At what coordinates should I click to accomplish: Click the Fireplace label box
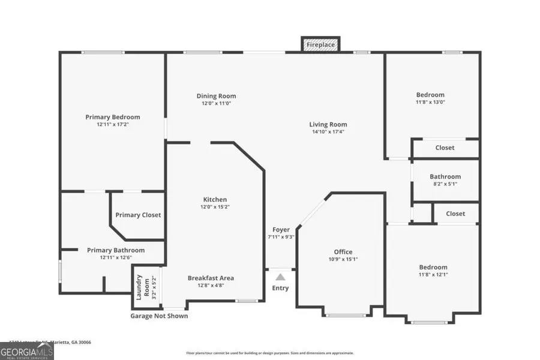point(320,45)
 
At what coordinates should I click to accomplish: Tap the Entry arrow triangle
point(280,277)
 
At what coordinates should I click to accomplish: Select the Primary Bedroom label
point(112,117)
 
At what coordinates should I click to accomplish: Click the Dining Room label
point(216,96)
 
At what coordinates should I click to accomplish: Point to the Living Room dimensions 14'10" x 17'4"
point(329,132)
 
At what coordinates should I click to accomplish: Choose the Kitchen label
point(215,200)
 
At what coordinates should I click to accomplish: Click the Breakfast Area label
point(211,278)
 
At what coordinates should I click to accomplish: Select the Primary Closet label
point(138,215)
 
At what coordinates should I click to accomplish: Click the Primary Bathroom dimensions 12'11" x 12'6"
point(116,257)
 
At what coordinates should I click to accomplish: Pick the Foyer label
point(281,230)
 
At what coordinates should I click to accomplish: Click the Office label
point(343,252)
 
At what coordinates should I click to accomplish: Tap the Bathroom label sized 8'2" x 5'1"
point(445,176)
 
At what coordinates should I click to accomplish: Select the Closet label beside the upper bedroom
point(445,148)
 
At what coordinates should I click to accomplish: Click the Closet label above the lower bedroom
point(455,214)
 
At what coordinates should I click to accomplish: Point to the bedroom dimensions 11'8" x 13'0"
point(431,102)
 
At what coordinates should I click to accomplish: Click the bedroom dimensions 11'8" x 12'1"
point(433,274)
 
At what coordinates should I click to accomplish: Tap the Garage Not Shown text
point(159,316)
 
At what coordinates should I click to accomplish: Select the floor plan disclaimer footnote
point(270,353)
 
